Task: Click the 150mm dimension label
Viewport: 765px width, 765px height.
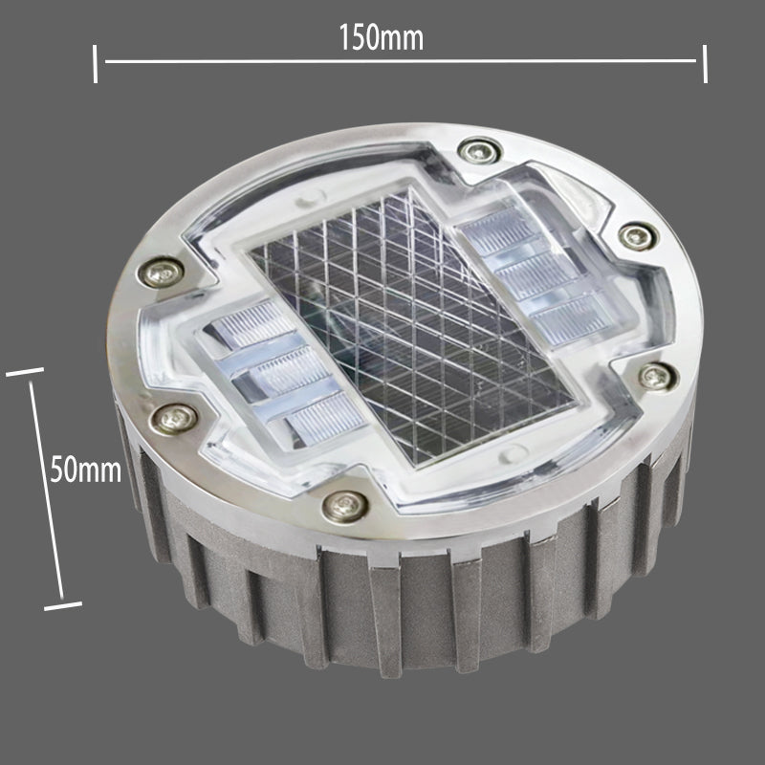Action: coord(381,37)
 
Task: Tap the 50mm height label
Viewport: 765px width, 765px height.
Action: coord(86,469)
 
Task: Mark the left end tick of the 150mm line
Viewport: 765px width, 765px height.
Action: coord(95,64)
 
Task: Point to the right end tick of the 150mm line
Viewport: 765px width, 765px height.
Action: coord(705,64)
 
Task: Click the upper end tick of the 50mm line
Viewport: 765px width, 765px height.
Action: coord(25,372)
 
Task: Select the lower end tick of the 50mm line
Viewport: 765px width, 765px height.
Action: coord(63,606)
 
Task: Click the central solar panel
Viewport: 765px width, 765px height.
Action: coord(412,324)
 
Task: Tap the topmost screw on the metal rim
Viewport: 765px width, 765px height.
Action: coord(480,151)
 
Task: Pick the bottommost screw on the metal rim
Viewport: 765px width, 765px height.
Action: coord(345,506)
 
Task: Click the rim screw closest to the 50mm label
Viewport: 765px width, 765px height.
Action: coord(174,419)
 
